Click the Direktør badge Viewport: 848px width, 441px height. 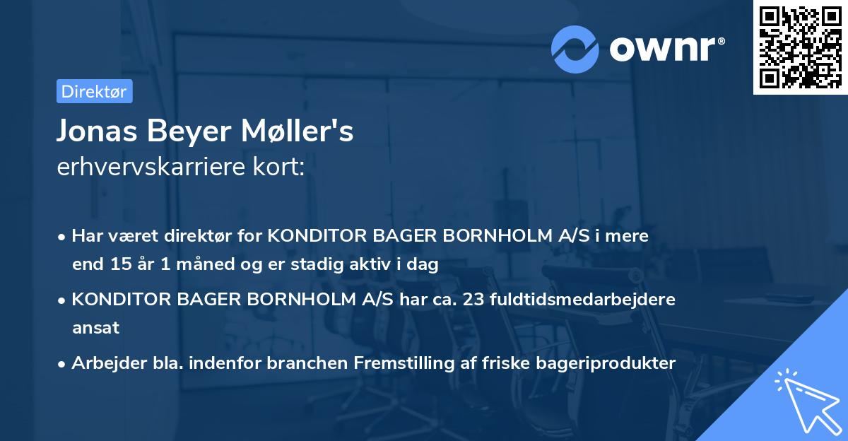coord(94,92)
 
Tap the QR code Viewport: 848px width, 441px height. coord(800,47)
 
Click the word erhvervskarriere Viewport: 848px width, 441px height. coord(148,168)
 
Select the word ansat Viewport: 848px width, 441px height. coord(95,328)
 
